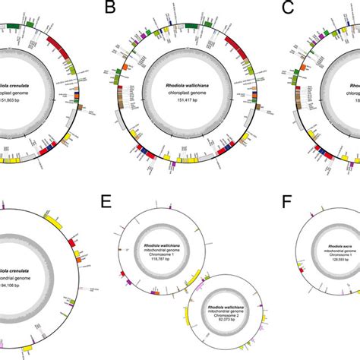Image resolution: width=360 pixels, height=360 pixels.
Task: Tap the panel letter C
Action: pos(287,8)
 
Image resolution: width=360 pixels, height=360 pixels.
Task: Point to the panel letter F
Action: pos(287,201)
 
